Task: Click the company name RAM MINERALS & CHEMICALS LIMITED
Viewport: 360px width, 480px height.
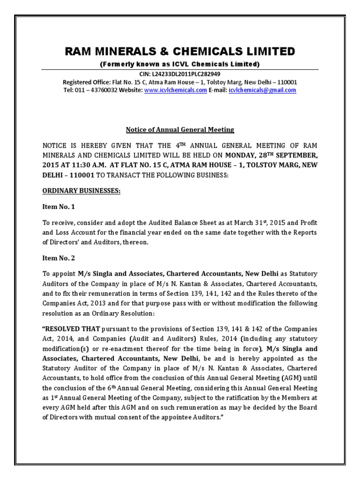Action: tap(180, 51)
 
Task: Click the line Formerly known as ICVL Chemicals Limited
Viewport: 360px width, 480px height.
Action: tap(180, 64)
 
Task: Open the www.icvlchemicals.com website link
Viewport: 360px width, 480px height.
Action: tap(175, 90)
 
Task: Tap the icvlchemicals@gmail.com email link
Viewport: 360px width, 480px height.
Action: tap(262, 90)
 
